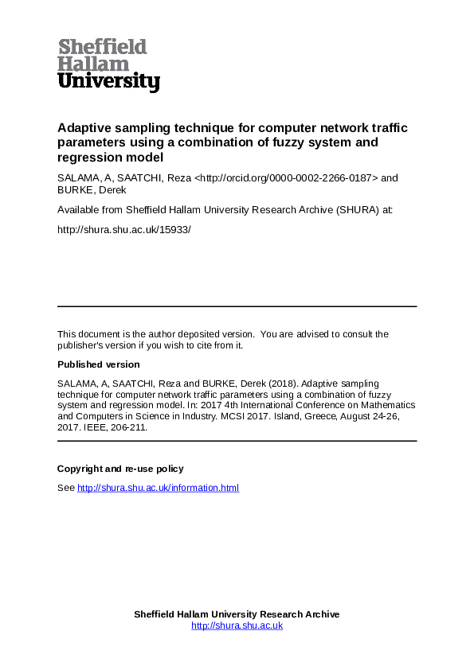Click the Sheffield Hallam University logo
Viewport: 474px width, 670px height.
point(108,65)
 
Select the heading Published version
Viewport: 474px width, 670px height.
point(98,364)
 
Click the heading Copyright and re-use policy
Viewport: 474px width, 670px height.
point(120,469)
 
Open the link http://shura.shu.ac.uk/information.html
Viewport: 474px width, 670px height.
point(158,488)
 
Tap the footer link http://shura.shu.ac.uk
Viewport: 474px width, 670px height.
point(237,625)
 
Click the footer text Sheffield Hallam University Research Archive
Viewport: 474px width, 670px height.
point(237,614)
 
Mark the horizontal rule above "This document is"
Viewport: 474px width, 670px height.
point(237,306)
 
